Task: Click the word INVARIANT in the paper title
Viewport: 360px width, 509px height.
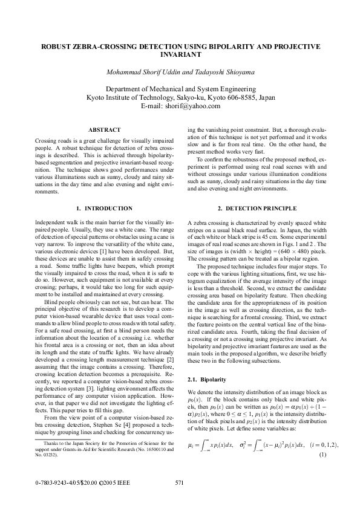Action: [x=180, y=54]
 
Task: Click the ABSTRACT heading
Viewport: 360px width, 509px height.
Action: [x=104, y=129]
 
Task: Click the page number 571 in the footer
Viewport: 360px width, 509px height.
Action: [x=179, y=482]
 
